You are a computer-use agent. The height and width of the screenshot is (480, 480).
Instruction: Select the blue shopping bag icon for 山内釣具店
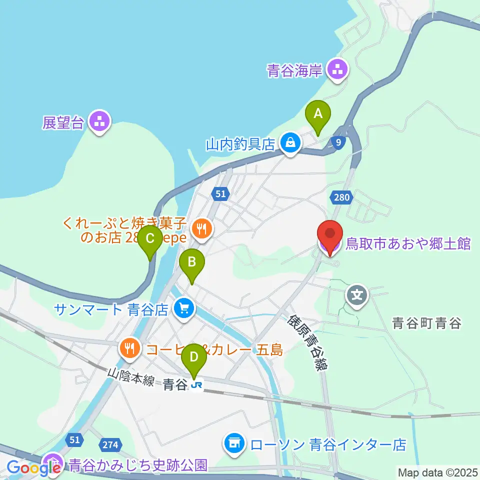290,144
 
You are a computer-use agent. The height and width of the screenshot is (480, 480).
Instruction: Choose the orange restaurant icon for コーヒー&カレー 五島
130,349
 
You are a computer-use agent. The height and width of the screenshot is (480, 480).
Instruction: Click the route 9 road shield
339,143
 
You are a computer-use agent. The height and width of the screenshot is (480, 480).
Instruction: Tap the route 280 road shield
339,198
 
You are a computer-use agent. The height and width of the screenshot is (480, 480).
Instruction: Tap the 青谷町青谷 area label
426,323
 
